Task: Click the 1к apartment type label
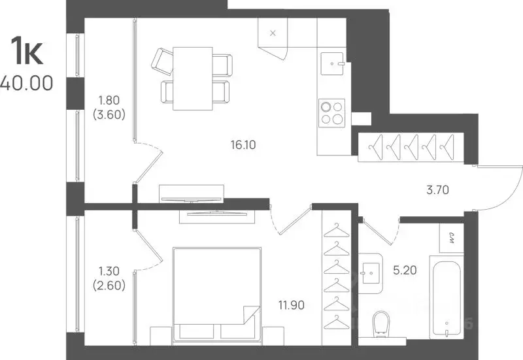pos(27,50)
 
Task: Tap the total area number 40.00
pos(26,83)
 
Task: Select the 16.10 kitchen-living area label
pos(243,144)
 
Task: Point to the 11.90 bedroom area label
pos(292,305)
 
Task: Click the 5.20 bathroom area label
pos(405,270)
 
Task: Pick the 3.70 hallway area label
pos(437,190)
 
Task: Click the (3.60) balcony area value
pos(109,115)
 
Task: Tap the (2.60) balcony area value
pos(109,286)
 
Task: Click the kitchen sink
pos(332,63)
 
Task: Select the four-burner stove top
pos(331,113)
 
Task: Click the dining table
pos(193,78)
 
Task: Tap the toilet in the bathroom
pos(380,323)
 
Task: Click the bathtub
pos(447,297)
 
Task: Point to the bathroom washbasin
pos(371,273)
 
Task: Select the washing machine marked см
pos(452,238)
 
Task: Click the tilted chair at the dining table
pos(162,62)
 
